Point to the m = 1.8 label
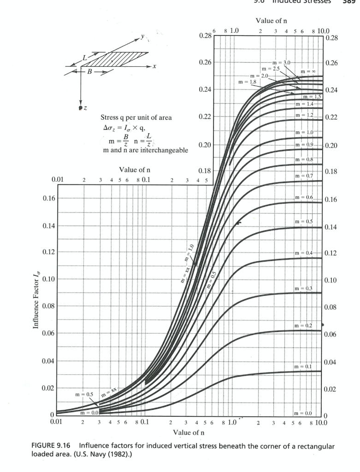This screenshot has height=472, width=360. (x=248, y=82)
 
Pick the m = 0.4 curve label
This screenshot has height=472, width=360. (x=304, y=254)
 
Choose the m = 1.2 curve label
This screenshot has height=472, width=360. (x=304, y=114)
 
